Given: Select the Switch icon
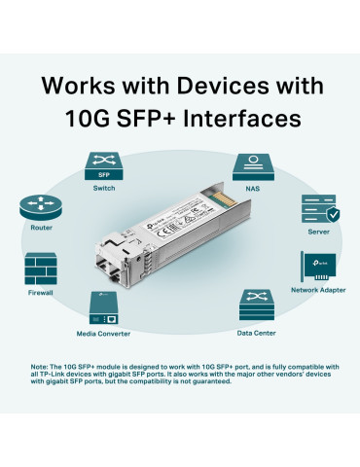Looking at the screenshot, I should [x=103, y=164].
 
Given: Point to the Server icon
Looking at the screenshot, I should [x=319, y=210].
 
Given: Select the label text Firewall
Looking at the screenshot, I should [x=39, y=291].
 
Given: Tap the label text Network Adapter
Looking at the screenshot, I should [x=319, y=290].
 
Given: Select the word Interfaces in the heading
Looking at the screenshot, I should [x=234, y=120].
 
